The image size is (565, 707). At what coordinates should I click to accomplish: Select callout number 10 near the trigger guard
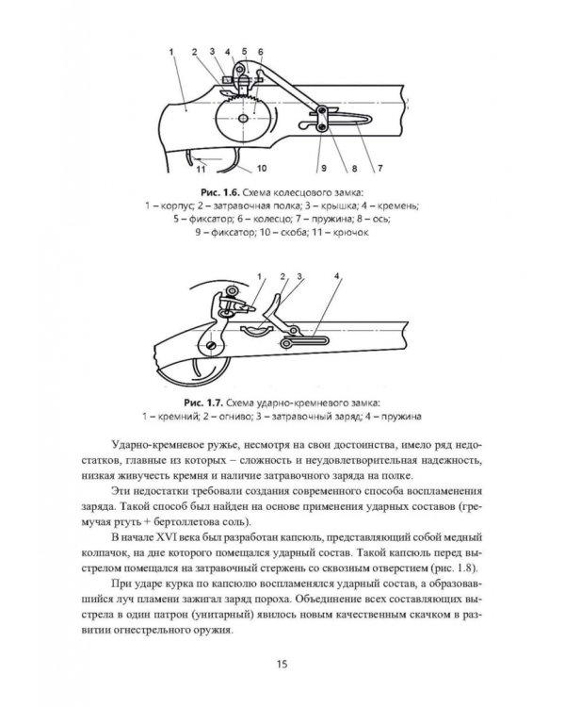(253, 169)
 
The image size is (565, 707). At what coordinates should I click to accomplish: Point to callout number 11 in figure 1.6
(201, 169)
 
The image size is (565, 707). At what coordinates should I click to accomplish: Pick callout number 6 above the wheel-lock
(260, 51)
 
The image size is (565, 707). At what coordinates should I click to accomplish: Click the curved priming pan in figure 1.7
(255, 329)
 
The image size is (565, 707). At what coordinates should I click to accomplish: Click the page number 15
(282, 664)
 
